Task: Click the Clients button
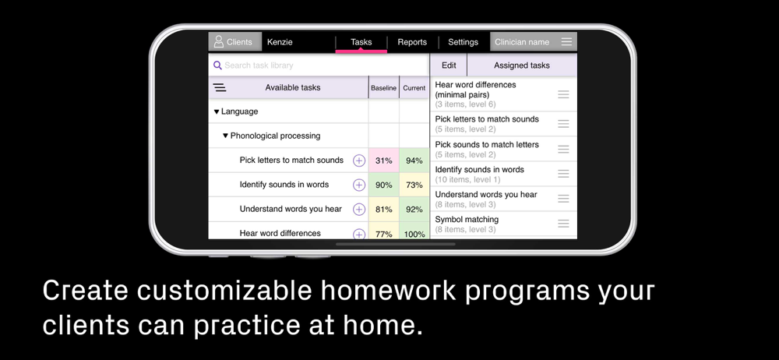pyautogui.click(x=235, y=42)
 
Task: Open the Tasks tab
pyautogui.click(x=361, y=42)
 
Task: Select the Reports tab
pyautogui.click(x=412, y=42)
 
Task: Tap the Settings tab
pyautogui.click(x=463, y=42)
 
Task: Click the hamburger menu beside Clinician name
pyautogui.click(x=566, y=42)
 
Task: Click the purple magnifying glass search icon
pyautogui.click(x=217, y=65)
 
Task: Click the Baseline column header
pyautogui.click(x=383, y=88)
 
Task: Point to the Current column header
pyautogui.click(x=414, y=88)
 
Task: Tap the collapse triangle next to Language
pyautogui.click(x=216, y=112)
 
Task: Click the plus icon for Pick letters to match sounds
pyautogui.click(x=358, y=161)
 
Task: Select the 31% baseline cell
pyautogui.click(x=383, y=161)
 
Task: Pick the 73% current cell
pyautogui.click(x=414, y=185)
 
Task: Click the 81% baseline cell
pyautogui.click(x=383, y=210)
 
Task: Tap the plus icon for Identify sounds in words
pyautogui.click(x=358, y=185)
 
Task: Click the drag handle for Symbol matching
pyautogui.click(x=563, y=224)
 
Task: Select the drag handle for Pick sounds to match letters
pyautogui.click(x=563, y=149)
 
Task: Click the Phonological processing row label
pyautogui.click(x=275, y=136)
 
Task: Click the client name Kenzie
pyautogui.click(x=280, y=42)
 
